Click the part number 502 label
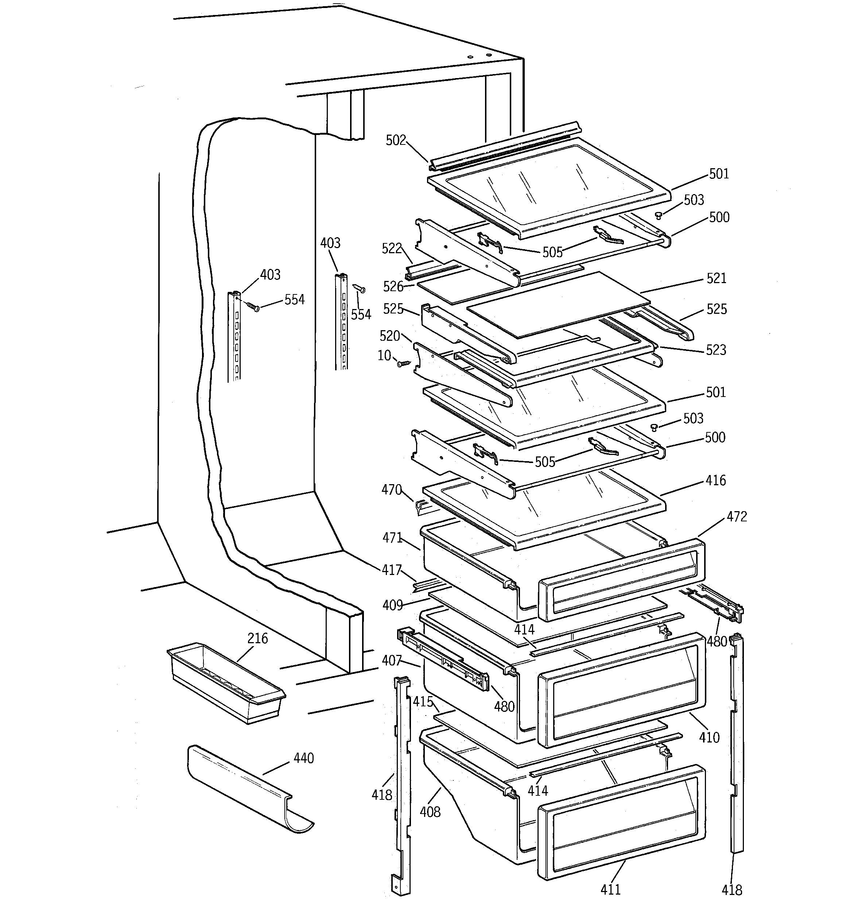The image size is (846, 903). (396, 140)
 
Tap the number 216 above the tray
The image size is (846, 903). (257, 638)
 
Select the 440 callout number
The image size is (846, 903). (303, 758)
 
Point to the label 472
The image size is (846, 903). (737, 517)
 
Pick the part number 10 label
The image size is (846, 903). (384, 355)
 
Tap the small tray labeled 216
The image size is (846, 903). (226, 681)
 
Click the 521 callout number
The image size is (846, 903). (717, 278)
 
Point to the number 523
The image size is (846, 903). (716, 350)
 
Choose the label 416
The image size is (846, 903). (716, 480)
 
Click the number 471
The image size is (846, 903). (392, 538)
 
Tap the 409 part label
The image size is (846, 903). (393, 605)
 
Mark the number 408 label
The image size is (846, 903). (430, 812)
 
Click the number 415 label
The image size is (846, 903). (423, 702)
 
